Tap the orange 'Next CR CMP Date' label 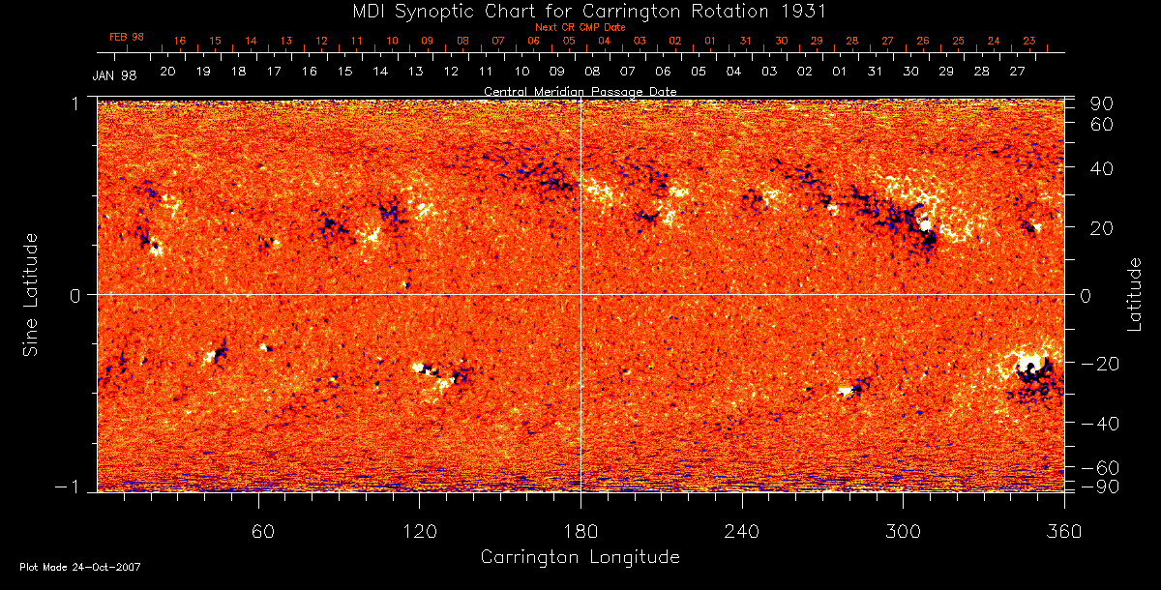pyautogui.click(x=580, y=27)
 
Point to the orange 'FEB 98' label pyautogui.click(x=127, y=37)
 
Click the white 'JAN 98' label pyautogui.click(x=114, y=75)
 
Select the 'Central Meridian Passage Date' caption pyautogui.click(x=580, y=91)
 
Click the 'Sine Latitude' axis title pyautogui.click(x=32, y=294)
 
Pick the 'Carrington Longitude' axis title pyautogui.click(x=580, y=557)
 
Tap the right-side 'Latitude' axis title pyautogui.click(x=1135, y=294)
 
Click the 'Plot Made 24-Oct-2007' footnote pyautogui.click(x=80, y=567)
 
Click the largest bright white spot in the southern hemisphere pyautogui.click(x=1028, y=365)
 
